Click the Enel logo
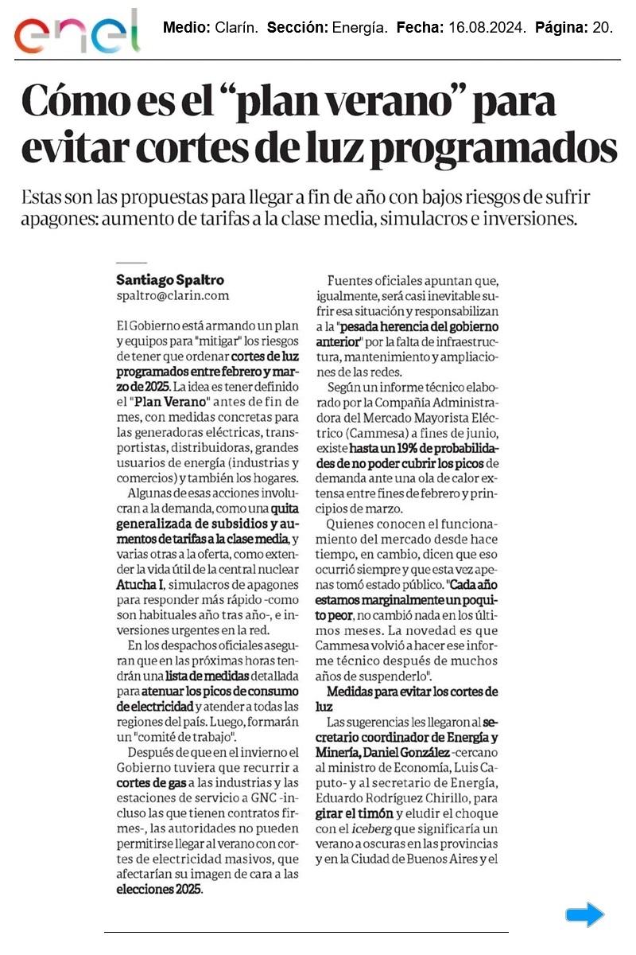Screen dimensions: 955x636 (77, 32)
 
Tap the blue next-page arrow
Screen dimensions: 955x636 (585, 914)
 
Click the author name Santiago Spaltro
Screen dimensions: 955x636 (170, 280)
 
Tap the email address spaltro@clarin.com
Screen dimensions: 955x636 (173, 295)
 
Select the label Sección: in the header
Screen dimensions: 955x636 (296, 28)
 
